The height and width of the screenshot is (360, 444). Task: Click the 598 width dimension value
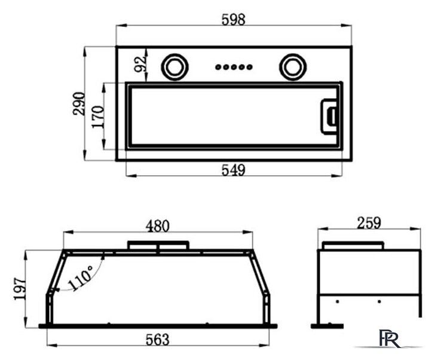(x=233, y=20)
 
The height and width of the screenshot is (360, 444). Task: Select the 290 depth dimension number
(x=79, y=103)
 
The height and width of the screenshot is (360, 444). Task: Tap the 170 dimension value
(x=98, y=117)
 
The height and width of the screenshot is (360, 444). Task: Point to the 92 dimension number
(x=140, y=64)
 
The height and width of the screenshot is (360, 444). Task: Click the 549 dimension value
(x=233, y=170)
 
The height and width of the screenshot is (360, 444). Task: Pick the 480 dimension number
(x=157, y=226)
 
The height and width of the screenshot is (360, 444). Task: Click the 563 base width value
(x=157, y=340)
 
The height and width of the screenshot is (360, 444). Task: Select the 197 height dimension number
(x=20, y=289)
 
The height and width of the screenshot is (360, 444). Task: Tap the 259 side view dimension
(x=369, y=223)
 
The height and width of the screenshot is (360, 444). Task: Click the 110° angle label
(x=81, y=278)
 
